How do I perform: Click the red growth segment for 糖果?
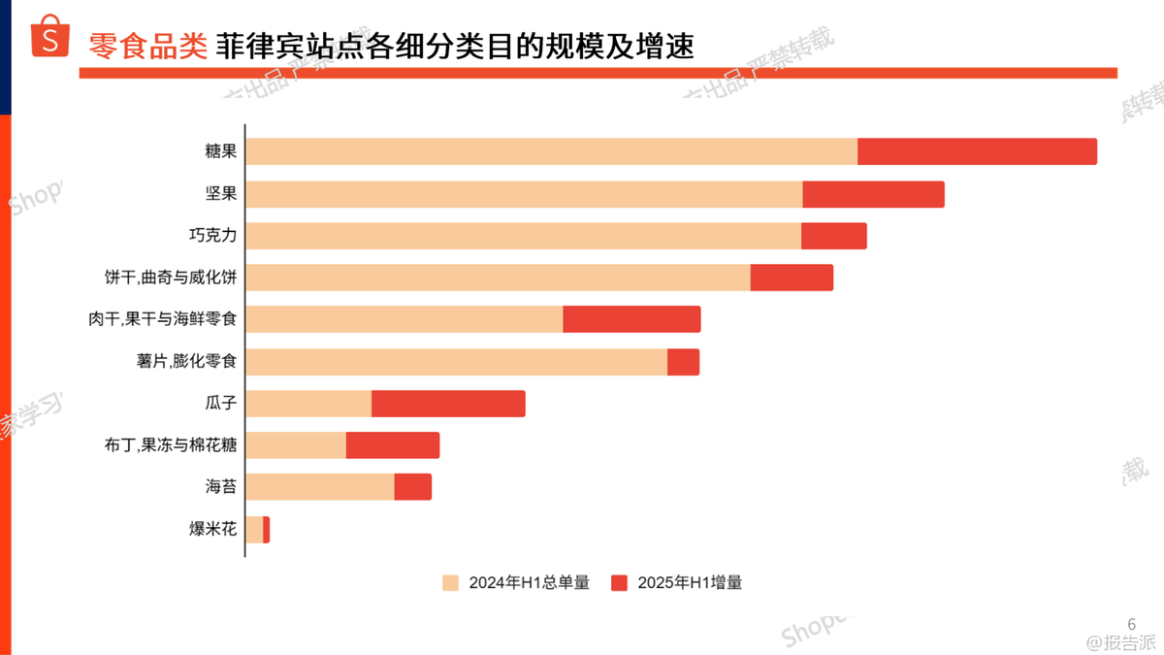[977, 152]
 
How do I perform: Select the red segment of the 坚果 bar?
[873, 194]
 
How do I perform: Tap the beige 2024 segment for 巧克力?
[524, 236]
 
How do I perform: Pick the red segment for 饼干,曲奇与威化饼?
[792, 278]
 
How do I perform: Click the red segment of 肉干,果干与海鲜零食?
[631, 319]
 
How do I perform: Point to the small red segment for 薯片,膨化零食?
[683, 362]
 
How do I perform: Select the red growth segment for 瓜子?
[448, 404]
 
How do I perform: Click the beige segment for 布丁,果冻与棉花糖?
[296, 445]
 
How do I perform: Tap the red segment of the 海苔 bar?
[412, 487]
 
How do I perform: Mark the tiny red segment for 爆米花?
[266, 530]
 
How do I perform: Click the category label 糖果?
[220, 152]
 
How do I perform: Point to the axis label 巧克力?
[212, 236]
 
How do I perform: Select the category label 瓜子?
[220, 404]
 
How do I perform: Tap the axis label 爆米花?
[212, 530]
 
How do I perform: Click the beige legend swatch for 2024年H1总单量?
[450, 583]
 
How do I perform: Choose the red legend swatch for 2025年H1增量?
[619, 583]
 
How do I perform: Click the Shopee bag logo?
[50, 38]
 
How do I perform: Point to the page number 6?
[1131, 624]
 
